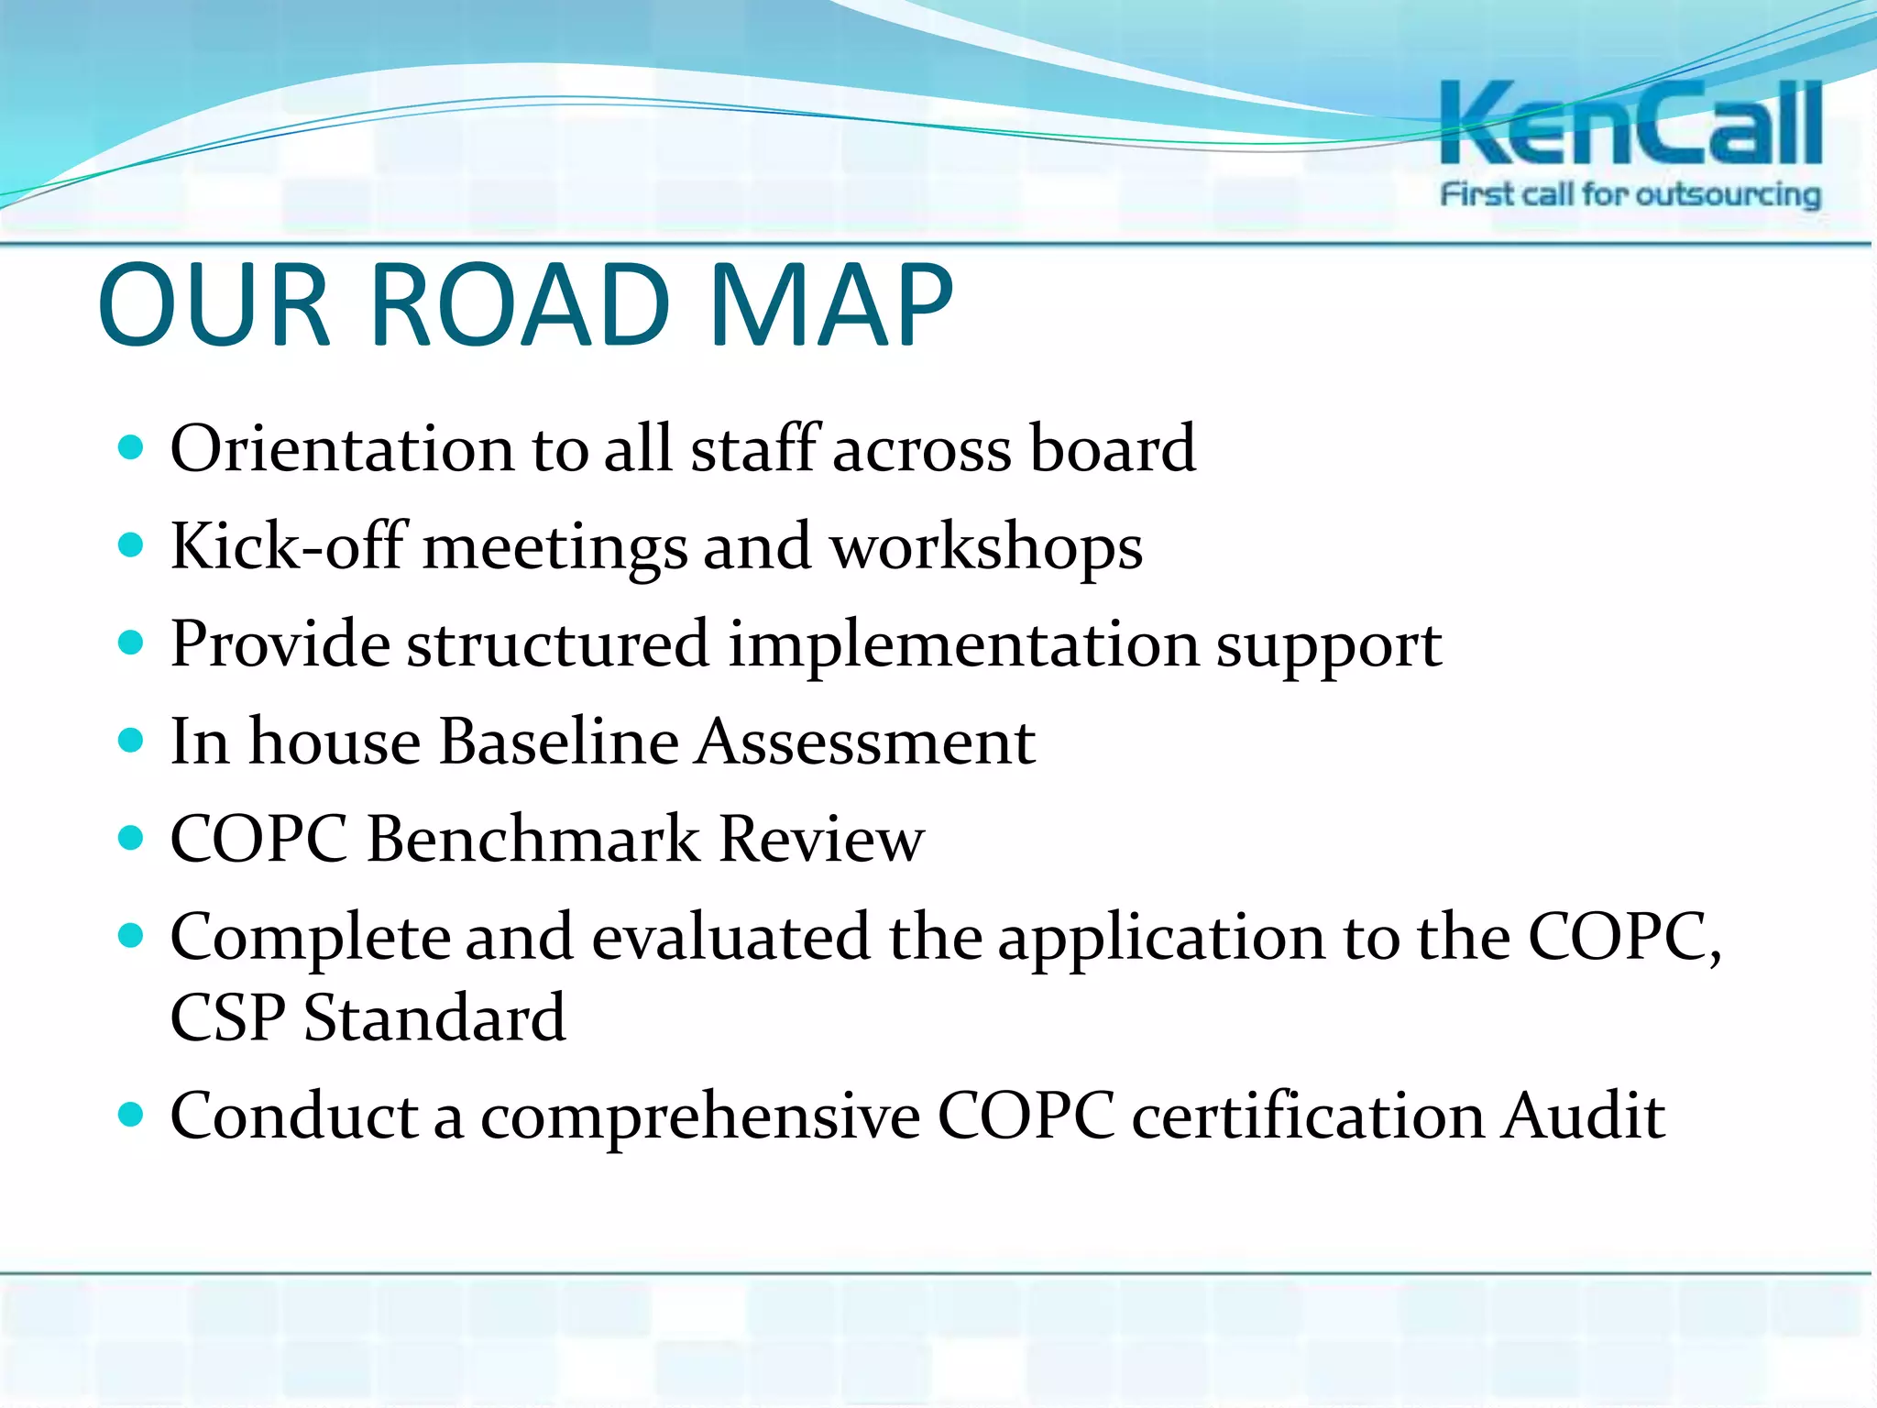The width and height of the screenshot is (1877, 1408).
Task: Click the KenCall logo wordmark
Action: (x=1630, y=123)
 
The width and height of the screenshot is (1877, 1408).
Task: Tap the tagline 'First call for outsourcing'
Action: (x=1630, y=194)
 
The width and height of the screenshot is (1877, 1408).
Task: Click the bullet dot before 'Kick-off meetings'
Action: (x=132, y=545)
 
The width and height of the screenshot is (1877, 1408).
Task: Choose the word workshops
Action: (x=986, y=547)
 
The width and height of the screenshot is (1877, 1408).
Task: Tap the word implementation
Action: (x=963, y=645)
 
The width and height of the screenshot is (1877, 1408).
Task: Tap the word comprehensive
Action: (x=700, y=1116)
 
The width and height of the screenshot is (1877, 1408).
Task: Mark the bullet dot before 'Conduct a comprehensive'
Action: (x=132, y=1114)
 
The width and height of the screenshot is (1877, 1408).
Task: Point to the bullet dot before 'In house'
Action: (x=132, y=740)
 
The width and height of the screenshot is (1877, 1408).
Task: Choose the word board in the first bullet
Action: (x=1113, y=448)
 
